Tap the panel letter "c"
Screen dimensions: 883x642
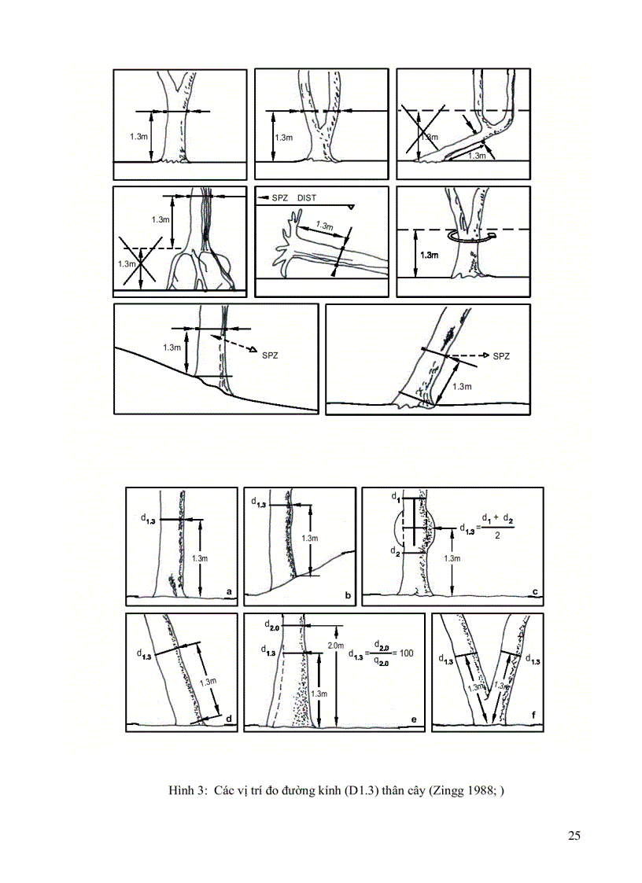click(534, 591)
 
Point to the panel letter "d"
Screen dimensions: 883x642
click(228, 718)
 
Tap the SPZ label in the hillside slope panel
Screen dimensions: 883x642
click(269, 355)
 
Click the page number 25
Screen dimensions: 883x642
click(574, 835)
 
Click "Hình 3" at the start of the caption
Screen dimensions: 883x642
click(187, 790)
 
